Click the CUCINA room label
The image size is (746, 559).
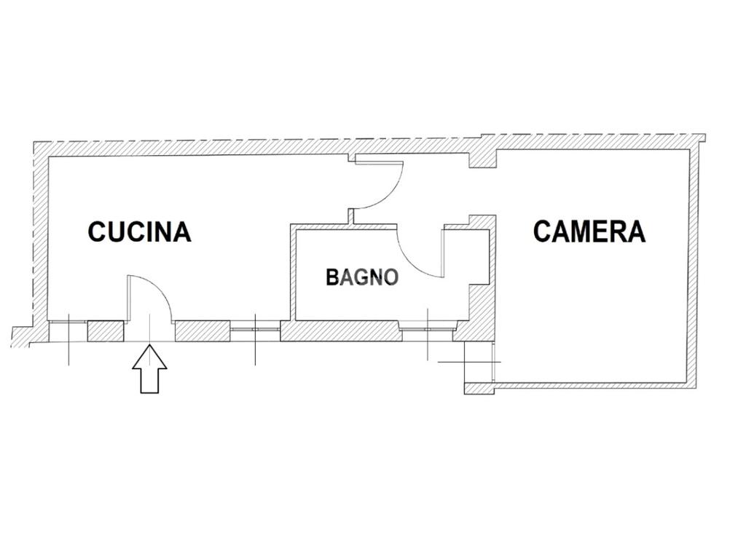[139, 231]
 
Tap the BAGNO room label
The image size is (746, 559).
[362, 277]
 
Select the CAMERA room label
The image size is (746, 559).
[589, 231]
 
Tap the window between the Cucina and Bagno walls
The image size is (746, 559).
[255, 329]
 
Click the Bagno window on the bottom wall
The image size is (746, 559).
[427, 329]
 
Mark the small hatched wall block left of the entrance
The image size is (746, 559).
[105, 331]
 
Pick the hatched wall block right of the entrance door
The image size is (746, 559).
[203, 331]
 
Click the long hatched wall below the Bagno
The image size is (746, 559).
[340, 331]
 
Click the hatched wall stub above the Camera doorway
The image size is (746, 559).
[482, 157]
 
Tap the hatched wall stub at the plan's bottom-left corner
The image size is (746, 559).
[22, 337]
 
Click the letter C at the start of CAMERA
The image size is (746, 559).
[542, 231]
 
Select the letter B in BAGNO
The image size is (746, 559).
[332, 277]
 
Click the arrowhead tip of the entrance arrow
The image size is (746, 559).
[149, 346]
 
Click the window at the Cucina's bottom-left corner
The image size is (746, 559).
[68, 331]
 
